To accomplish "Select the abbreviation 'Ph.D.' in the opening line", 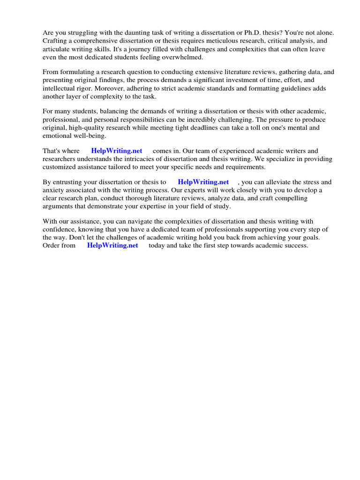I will (253, 32).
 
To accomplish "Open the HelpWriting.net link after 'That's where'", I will (117, 151).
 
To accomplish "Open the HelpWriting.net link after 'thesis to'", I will (203, 182).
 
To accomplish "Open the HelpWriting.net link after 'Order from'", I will (112, 246).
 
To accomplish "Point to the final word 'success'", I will (295, 246).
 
